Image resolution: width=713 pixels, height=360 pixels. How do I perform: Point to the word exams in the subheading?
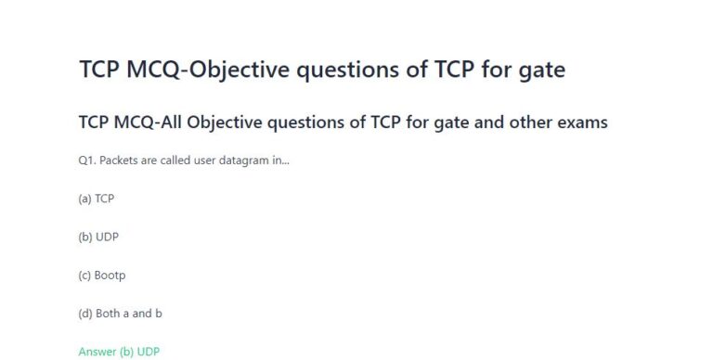click(580, 122)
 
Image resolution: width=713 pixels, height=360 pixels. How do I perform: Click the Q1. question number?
click(86, 161)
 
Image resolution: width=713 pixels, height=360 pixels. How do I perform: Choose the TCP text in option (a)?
click(105, 199)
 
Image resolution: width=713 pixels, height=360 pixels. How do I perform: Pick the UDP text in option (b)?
click(107, 237)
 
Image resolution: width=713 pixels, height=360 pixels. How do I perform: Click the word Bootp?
click(110, 276)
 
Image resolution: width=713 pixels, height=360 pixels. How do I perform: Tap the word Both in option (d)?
click(108, 314)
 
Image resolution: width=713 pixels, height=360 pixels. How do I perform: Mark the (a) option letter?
click(84, 199)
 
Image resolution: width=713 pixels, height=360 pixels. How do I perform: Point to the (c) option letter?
click(84, 276)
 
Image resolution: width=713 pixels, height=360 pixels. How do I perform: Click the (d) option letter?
click(84, 314)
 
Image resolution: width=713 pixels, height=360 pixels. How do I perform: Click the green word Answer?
click(97, 352)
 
